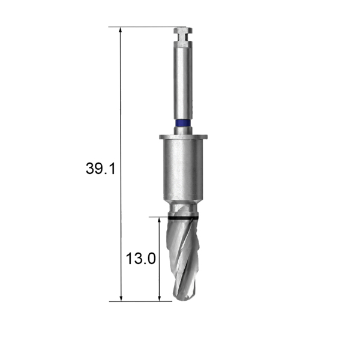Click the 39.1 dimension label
point(100,168)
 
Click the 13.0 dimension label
point(141,259)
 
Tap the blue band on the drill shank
point(183,123)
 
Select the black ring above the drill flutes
point(183,218)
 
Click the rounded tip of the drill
point(183,298)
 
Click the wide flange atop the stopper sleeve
point(183,137)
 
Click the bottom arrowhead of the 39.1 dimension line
point(121,298)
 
